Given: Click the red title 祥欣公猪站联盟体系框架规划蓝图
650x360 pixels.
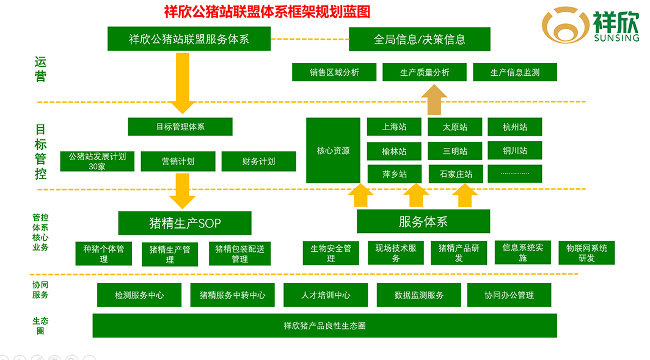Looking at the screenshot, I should tap(267, 12).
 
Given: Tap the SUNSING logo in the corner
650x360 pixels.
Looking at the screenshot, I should tap(590, 26).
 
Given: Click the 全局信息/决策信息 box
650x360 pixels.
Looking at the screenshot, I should tap(419, 39).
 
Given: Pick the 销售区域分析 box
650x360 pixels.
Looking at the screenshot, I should tap(334, 72).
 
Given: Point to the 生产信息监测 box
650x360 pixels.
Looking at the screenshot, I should tap(514, 72).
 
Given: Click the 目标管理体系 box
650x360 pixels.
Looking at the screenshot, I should tap(180, 127).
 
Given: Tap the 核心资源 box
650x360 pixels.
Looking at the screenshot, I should tap(333, 150).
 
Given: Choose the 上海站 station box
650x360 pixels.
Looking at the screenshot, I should tap(393, 127).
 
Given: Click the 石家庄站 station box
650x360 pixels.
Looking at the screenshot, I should tap(455, 174).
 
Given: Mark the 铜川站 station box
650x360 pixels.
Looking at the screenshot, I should tap(514, 150).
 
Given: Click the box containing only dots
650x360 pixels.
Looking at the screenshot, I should tap(514, 174).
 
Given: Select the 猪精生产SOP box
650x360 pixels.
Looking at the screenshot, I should tap(184, 223).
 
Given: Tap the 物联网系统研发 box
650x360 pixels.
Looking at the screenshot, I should tap(586, 253).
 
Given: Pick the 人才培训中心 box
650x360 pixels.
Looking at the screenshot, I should tap(326, 295).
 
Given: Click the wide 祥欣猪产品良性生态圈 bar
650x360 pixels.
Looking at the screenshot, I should tap(324, 326).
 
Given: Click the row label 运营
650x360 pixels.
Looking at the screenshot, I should tap(40, 69).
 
